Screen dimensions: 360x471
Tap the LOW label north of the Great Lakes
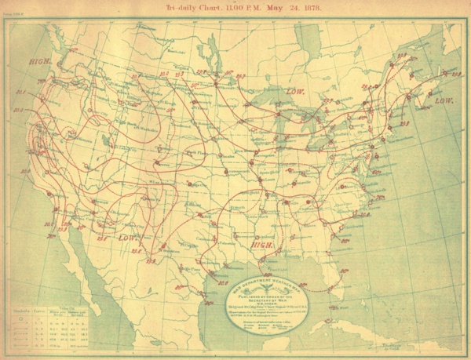(295, 91)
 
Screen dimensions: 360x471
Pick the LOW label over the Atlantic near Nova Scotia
(444, 101)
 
